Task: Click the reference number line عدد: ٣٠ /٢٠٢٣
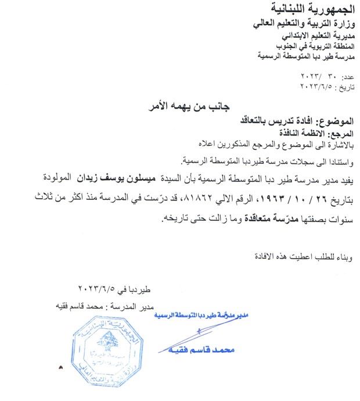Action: (x=328, y=77)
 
